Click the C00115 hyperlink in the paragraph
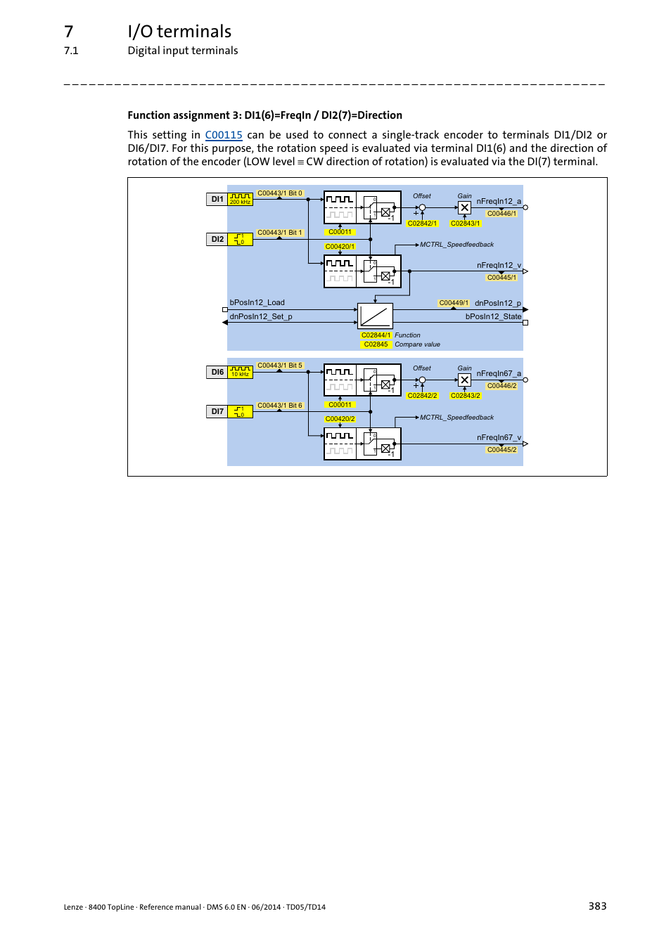tap(224, 135)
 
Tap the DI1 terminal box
tap(217, 199)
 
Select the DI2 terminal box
tap(217, 240)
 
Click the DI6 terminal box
tap(217, 372)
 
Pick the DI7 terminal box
tap(217, 411)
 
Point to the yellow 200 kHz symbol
tap(241, 199)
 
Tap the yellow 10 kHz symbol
tap(241, 372)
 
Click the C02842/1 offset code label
tap(422, 224)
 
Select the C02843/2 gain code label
tap(466, 396)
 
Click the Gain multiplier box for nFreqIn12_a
tap(465, 207)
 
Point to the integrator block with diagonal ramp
tap(375, 316)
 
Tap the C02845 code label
tap(376, 344)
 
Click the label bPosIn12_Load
tap(257, 302)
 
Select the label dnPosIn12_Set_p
tap(261, 316)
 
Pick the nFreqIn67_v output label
tap(499, 437)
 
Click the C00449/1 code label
tap(454, 303)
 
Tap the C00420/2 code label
tap(340, 419)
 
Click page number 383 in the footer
tap(597, 906)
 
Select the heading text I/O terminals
tap(179, 32)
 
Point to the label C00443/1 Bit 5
tap(280, 366)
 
